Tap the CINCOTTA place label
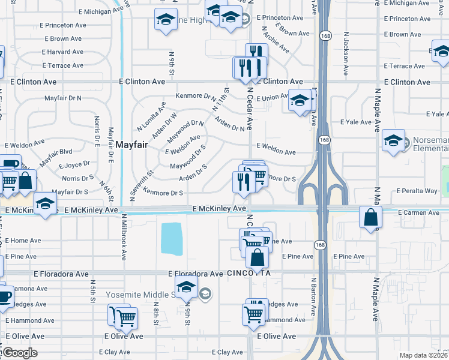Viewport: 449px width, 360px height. (x=249, y=274)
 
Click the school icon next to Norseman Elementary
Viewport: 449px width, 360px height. (x=393, y=142)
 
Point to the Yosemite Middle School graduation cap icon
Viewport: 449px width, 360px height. (x=186, y=287)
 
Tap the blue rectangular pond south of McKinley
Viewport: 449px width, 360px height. (x=172, y=238)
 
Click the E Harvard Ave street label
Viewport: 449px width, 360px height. (x=62, y=52)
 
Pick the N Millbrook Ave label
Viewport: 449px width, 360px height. (x=124, y=237)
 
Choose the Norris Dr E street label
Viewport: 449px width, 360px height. (x=97, y=131)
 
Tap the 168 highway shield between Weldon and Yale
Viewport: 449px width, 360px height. (x=324, y=140)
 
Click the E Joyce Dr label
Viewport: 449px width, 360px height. (x=72, y=163)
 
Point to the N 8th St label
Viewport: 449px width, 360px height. (x=155, y=317)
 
